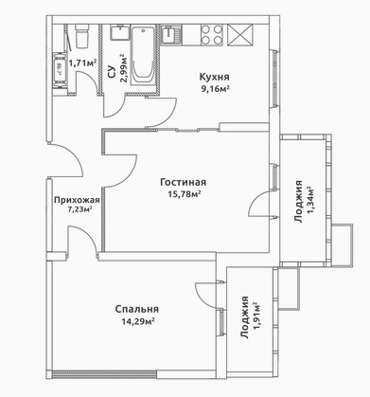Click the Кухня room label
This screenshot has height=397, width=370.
(x=214, y=77)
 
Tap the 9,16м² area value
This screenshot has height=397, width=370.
(x=215, y=88)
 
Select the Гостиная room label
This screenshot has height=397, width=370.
(x=184, y=182)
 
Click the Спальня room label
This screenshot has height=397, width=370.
(x=136, y=309)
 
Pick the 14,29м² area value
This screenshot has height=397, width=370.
(x=138, y=321)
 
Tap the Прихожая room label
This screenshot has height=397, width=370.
(x=77, y=200)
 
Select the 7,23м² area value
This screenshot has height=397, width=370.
(x=78, y=209)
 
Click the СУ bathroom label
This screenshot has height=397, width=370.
(x=111, y=72)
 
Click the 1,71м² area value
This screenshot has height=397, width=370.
(x=82, y=63)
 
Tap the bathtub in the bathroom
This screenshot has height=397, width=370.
(x=143, y=56)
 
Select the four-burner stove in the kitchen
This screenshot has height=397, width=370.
(x=211, y=34)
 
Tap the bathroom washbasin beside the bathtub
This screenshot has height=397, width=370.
(x=120, y=33)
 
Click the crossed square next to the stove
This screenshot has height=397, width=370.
(x=240, y=34)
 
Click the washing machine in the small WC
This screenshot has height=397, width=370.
(x=60, y=69)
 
